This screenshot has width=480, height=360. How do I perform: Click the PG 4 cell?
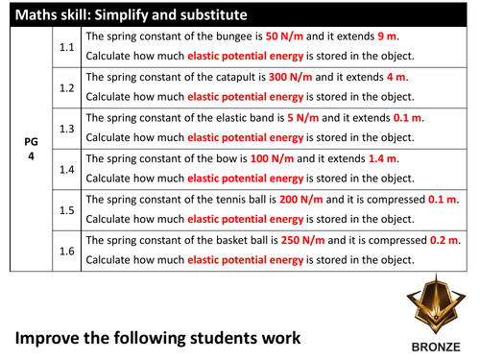[x=31, y=148]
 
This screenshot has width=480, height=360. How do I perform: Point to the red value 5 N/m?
[x=319, y=117]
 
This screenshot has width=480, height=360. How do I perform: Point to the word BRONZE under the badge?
[x=432, y=348]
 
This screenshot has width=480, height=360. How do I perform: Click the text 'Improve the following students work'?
[x=156, y=337]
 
